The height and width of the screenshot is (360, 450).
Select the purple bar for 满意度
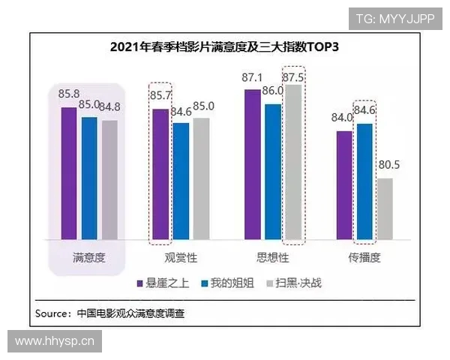[x=69, y=173]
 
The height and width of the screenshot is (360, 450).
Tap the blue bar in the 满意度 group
[x=89, y=178]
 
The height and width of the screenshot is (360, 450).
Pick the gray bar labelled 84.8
[x=109, y=179]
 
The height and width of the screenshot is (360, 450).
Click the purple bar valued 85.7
[x=160, y=174]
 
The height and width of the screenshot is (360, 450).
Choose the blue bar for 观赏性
[x=181, y=181]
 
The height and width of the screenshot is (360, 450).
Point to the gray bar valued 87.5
[x=292, y=162]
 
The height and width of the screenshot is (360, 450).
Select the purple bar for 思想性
[x=252, y=164]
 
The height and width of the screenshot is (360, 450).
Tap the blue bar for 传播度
[x=364, y=181]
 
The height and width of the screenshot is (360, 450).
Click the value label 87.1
[x=252, y=78]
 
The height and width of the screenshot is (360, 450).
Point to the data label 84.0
[x=344, y=118]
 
